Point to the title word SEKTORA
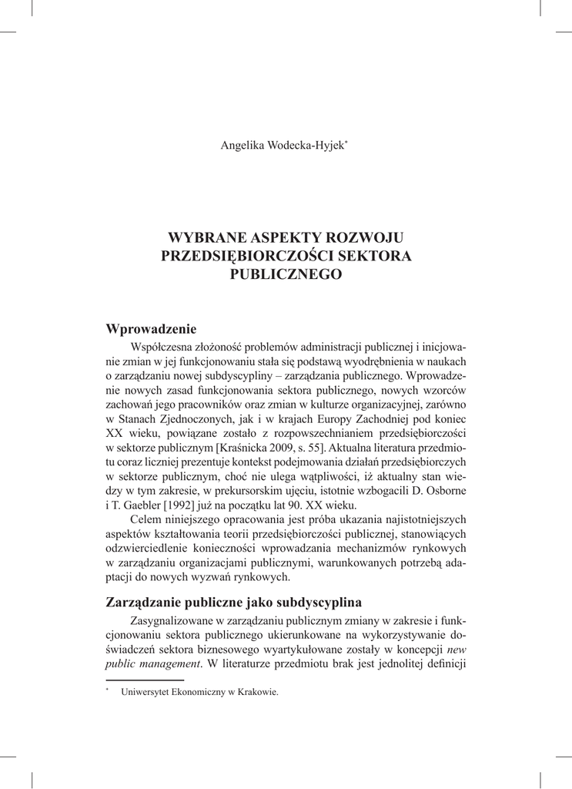(378, 255)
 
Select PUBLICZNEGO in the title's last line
(286, 274)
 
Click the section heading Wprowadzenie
(152, 329)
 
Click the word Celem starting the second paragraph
(149, 520)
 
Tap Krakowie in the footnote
(257, 692)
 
